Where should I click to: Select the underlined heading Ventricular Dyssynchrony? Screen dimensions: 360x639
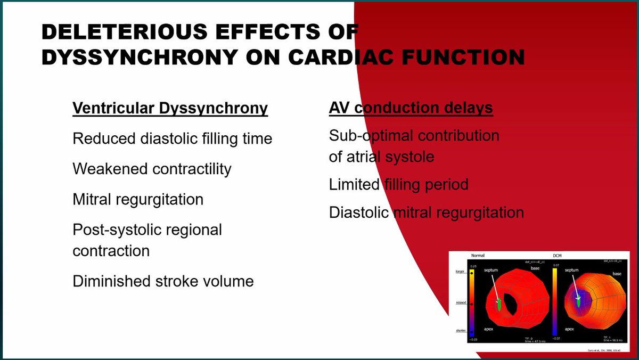(170, 108)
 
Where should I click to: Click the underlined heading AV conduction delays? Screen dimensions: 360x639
(411, 108)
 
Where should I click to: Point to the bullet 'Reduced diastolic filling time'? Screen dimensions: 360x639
(172, 138)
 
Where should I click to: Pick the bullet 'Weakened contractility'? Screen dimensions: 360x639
(152, 169)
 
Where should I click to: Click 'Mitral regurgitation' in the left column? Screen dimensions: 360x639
(138, 199)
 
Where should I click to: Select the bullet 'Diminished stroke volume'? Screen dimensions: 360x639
(163, 281)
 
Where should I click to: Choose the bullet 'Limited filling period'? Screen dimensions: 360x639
(398, 185)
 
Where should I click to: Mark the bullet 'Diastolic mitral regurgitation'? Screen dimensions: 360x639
(426, 212)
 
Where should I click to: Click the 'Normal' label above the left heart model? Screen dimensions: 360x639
(478, 256)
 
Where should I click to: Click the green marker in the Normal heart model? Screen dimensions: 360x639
(499, 305)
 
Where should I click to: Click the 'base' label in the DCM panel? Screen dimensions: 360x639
(617, 273)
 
